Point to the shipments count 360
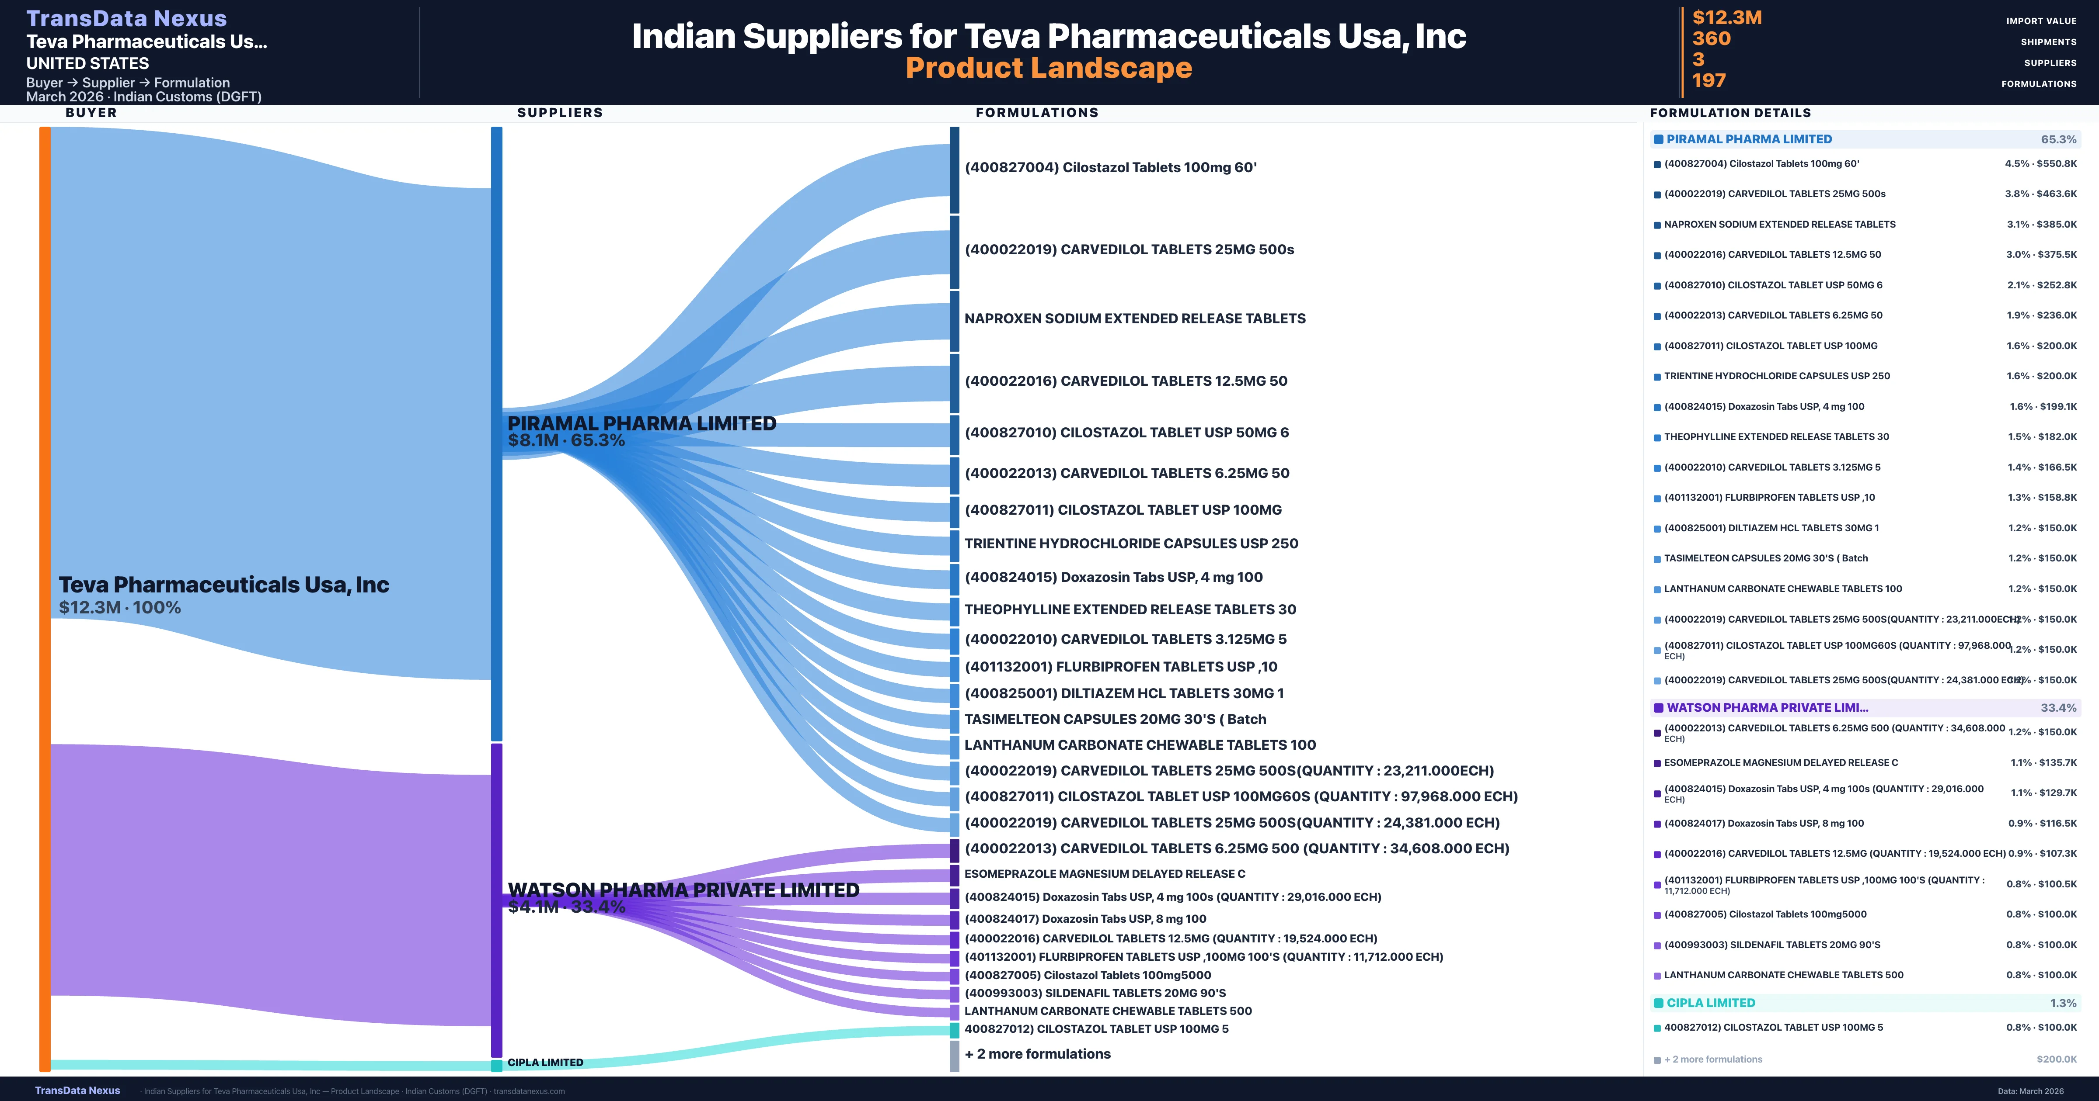1711,39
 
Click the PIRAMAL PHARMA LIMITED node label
641,423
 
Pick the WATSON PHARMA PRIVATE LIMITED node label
683,890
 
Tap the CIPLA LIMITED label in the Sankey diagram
545,1063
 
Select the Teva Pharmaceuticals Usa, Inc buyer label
223,585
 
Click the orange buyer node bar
45,599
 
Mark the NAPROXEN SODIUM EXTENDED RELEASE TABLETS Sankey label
1134,319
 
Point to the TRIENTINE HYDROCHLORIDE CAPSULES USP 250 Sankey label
1131,543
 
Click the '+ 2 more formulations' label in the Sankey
1037,1054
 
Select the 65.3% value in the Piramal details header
2058,139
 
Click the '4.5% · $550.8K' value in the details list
2040,164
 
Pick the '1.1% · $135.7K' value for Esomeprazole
2043,763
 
